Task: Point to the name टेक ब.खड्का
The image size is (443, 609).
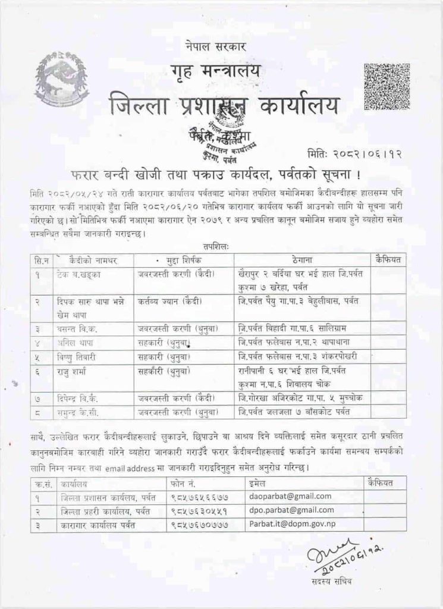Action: tap(81, 274)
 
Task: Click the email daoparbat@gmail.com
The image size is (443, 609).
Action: tap(283, 496)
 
